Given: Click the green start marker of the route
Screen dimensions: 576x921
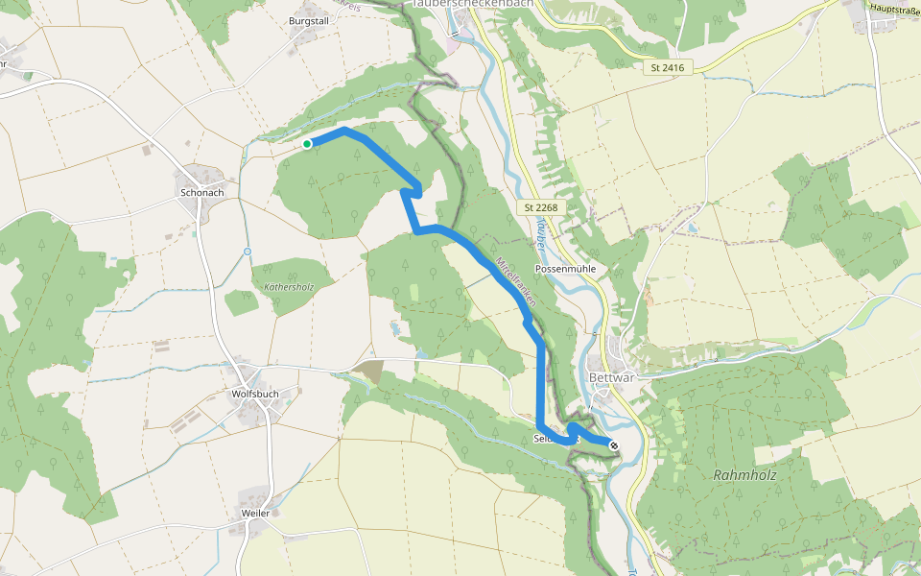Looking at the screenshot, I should [x=307, y=144].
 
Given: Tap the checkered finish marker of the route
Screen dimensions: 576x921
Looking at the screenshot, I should [x=614, y=444].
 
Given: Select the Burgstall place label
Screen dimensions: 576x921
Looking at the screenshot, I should [x=308, y=19].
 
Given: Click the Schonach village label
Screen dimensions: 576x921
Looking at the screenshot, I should [x=201, y=192].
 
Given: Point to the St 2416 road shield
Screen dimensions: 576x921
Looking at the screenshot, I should [x=666, y=67].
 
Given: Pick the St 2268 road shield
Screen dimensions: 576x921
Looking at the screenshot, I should [x=542, y=207].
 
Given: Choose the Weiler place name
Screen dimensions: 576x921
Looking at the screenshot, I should [x=255, y=513].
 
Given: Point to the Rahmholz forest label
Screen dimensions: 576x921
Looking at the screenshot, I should [x=744, y=475].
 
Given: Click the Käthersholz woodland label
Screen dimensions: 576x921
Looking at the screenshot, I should [x=282, y=286].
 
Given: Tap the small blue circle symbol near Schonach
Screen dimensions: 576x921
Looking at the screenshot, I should [x=247, y=252].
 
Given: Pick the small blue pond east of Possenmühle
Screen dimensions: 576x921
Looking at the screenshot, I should [x=689, y=228].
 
